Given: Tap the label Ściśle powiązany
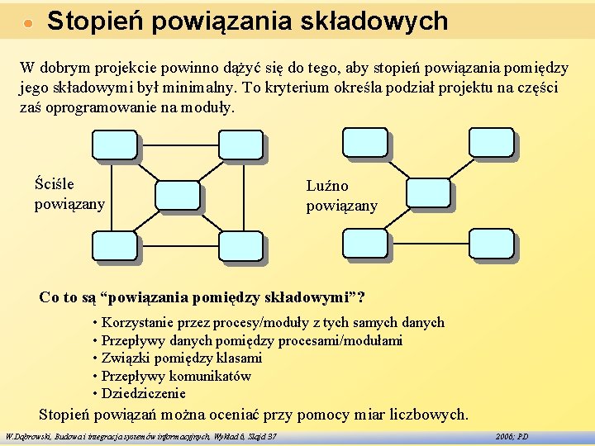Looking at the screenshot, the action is click(x=69, y=193).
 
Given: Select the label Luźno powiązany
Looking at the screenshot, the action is click(x=341, y=196).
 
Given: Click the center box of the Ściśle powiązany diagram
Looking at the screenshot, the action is click(x=178, y=195).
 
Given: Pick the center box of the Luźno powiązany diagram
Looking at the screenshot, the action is click(x=428, y=194).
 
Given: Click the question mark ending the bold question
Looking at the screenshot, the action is click(x=361, y=297).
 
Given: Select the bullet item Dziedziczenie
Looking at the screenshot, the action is click(x=143, y=394).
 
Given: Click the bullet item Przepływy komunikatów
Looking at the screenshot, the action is click(x=175, y=376).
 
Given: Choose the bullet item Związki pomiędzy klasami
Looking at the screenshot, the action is click(x=181, y=358).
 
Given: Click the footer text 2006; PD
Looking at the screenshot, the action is click(x=512, y=435).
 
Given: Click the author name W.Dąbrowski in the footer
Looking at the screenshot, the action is click(x=26, y=435).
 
